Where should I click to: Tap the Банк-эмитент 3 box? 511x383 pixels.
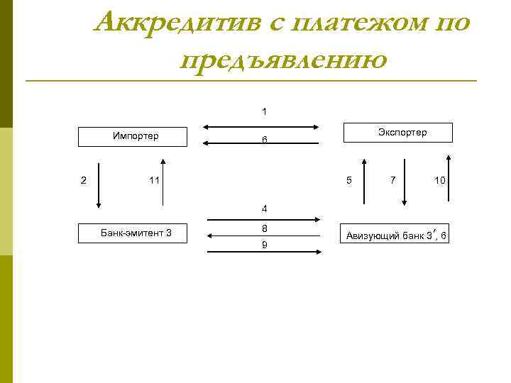point(135,233)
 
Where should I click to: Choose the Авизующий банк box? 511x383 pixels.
point(397,236)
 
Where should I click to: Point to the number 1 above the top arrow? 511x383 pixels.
point(264,111)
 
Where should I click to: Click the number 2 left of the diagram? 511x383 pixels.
point(84,180)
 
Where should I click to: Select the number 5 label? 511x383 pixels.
point(348,180)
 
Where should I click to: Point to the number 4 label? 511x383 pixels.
point(264,209)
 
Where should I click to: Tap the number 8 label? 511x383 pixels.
point(264,228)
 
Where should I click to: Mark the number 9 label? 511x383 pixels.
point(264,245)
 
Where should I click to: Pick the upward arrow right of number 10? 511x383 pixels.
point(450,182)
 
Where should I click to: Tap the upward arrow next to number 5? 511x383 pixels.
point(363,182)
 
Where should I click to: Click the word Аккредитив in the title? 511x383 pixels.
point(177,22)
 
